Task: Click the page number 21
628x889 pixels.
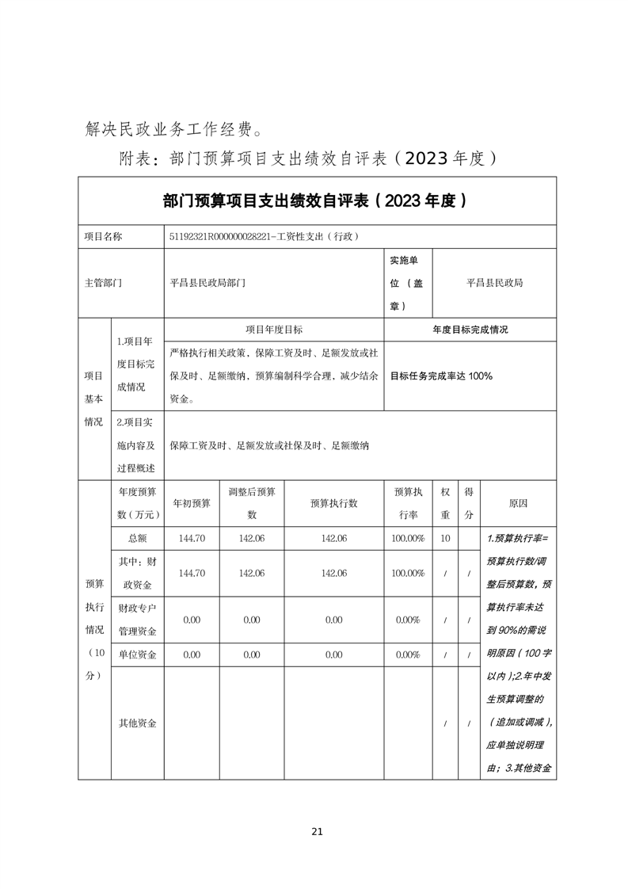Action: coord(317,831)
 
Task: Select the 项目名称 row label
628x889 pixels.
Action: coord(104,237)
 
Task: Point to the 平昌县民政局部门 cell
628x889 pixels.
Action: coord(208,283)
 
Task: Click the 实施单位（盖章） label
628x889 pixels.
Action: coord(407,283)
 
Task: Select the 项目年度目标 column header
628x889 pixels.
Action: coord(273,330)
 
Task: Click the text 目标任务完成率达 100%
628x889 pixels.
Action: coord(441,376)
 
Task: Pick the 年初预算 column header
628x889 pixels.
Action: coord(191,503)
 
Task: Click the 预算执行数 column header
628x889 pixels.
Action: coord(333,503)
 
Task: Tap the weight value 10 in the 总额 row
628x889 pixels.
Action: coord(445,538)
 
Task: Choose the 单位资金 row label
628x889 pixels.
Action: coord(137,654)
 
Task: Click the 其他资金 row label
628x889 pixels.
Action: coord(137,723)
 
